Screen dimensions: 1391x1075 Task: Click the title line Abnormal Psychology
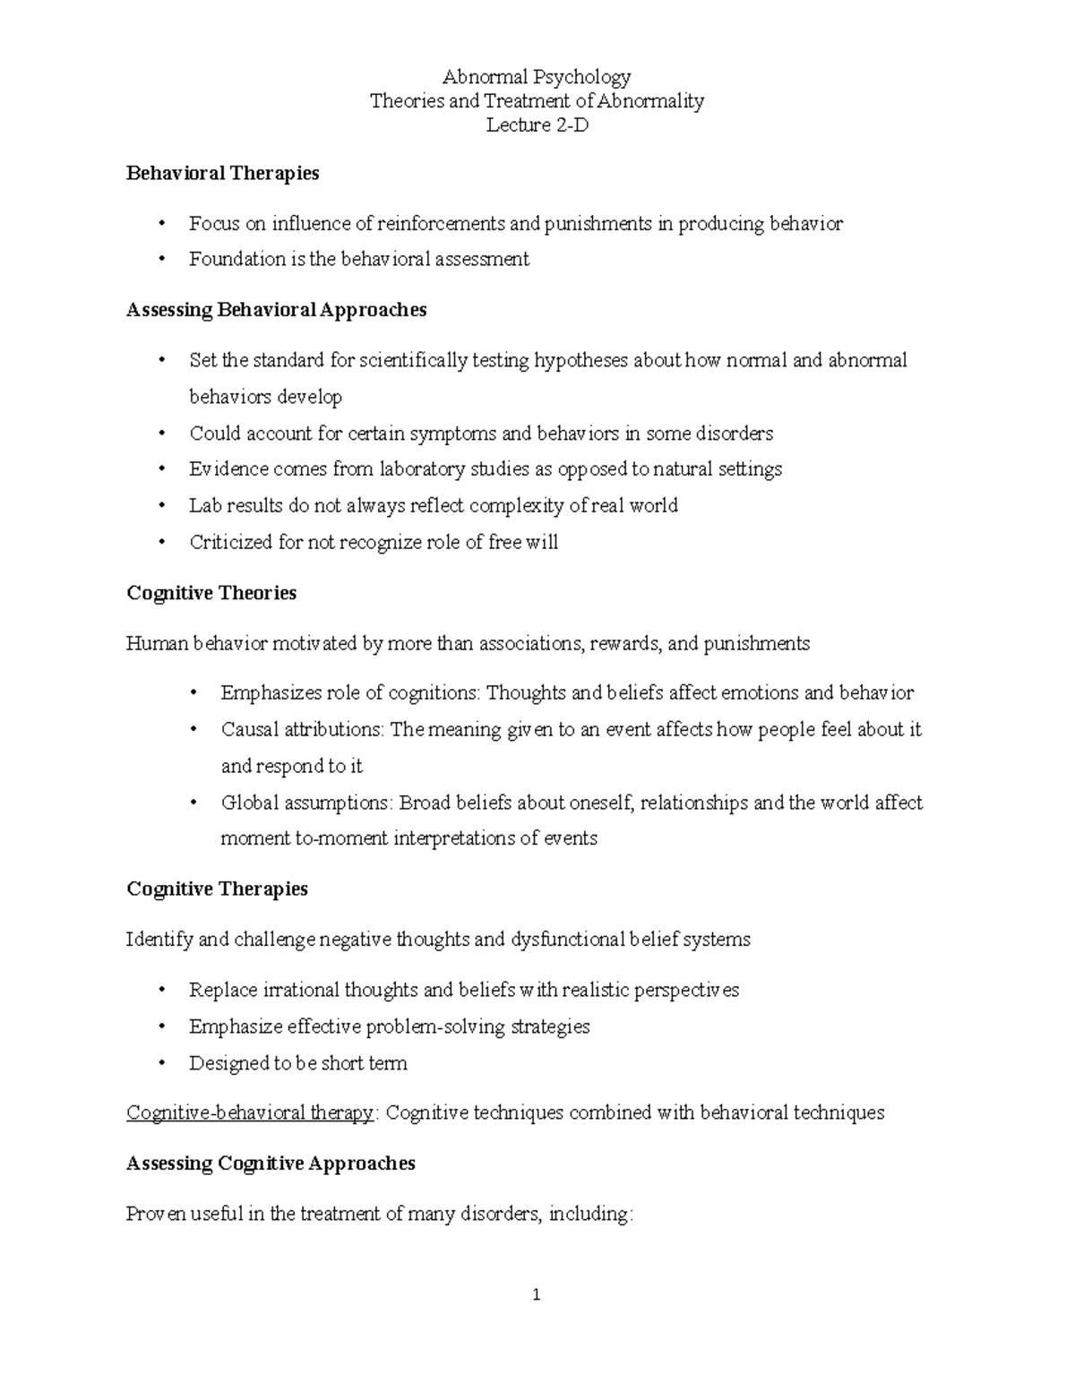[537, 77]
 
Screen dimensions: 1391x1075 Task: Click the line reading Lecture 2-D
[537, 125]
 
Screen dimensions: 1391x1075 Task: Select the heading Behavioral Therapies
[222, 173]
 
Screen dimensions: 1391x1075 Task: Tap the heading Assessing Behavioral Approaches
[276, 310]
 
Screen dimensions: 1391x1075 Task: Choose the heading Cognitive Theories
[211, 593]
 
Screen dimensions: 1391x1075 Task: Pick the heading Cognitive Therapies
[217, 889]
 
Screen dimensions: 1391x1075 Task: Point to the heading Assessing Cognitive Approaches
[271, 1163]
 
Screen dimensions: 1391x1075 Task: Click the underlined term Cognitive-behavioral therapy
[250, 1112]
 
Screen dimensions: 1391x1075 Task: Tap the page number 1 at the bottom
[537, 1294]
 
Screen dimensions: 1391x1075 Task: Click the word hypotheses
[580, 361]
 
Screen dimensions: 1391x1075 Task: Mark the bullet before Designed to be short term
[161, 1064]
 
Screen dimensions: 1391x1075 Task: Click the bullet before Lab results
[161, 506]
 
